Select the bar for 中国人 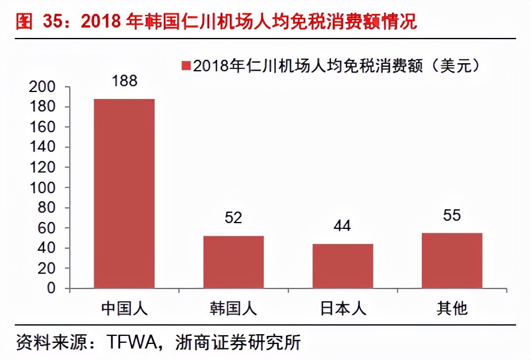pyautogui.click(x=124, y=193)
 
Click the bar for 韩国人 pyautogui.click(x=233, y=262)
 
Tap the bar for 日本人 pyautogui.click(x=343, y=266)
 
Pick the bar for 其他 pyautogui.click(x=452, y=260)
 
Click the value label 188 pyautogui.click(x=124, y=81)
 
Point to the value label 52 pyautogui.click(x=233, y=218)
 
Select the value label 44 pyautogui.click(x=343, y=226)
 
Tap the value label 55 pyautogui.click(x=452, y=215)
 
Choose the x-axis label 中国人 pyautogui.click(x=124, y=308)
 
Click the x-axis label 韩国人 pyautogui.click(x=233, y=308)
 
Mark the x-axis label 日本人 pyautogui.click(x=343, y=308)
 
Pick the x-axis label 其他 pyautogui.click(x=452, y=308)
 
